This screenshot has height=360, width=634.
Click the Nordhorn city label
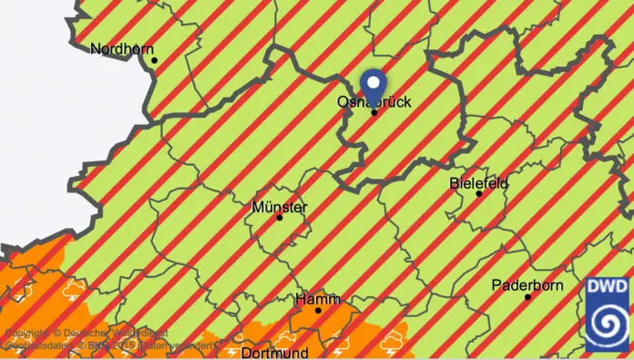pyautogui.click(x=122, y=48)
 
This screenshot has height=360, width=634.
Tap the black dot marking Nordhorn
pyautogui.click(x=155, y=61)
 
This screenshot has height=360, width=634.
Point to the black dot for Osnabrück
pyautogui.click(x=373, y=113)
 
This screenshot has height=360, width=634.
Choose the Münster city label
pyautogui.click(x=279, y=207)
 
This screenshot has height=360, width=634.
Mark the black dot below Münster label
pyautogui.click(x=280, y=218)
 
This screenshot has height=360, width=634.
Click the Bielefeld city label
pyautogui.click(x=478, y=183)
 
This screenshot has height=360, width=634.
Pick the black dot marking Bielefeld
pyautogui.click(x=478, y=194)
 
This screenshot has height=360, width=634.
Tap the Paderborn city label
pyautogui.click(x=527, y=285)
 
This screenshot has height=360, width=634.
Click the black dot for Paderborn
pyautogui.click(x=527, y=297)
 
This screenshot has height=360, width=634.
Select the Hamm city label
pyautogui.click(x=318, y=299)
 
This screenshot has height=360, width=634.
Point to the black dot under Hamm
pyautogui.click(x=318, y=311)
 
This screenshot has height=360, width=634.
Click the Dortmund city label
pyautogui.click(x=275, y=352)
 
